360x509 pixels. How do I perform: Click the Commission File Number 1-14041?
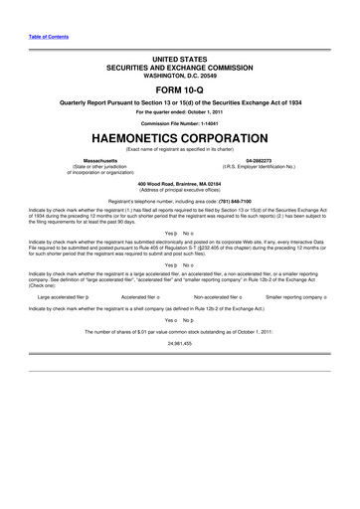click(179, 121)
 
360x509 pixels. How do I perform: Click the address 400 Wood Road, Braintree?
click(179, 184)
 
